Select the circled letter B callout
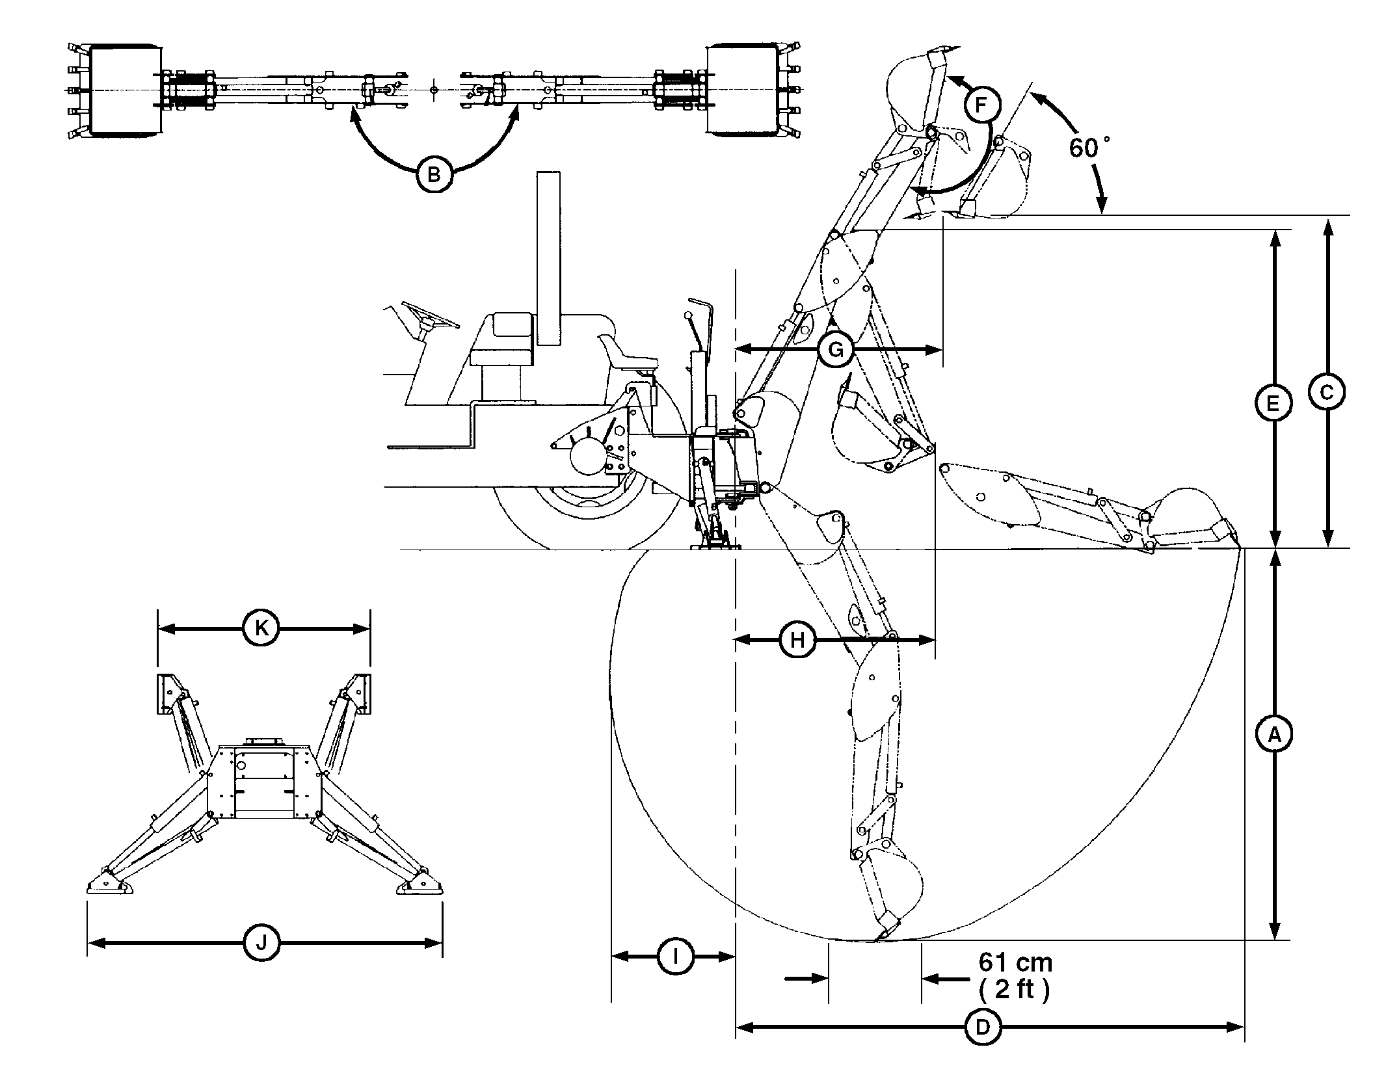[434, 174]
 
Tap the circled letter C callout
[1327, 391]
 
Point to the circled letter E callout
[1273, 404]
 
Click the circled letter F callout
[981, 105]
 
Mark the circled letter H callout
[798, 641]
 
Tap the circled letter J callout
[261, 942]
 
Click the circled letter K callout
[261, 628]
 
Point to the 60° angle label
[1088, 148]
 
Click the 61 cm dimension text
[1015, 962]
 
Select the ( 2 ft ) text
[1014, 990]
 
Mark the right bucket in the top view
[742, 89]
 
